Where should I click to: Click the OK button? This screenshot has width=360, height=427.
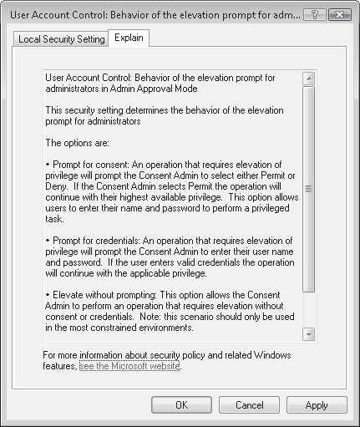pos(181,405)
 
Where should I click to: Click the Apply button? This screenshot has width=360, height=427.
pos(316,405)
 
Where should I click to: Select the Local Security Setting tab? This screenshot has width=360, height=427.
pos(62,39)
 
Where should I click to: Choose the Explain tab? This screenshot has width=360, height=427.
pos(129,38)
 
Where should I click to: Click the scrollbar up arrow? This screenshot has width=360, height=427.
pos(308,79)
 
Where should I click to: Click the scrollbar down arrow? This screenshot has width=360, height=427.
pos(308,333)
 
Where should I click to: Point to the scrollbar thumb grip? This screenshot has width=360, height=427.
pos(308,190)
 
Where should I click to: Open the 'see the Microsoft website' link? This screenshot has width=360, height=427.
pos(129,366)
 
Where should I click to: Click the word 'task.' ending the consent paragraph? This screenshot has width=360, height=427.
pos(55,219)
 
